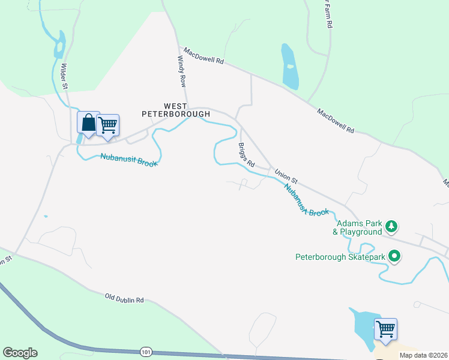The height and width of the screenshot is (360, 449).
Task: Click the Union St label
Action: click(286, 175)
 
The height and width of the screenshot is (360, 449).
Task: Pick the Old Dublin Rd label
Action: click(125, 298)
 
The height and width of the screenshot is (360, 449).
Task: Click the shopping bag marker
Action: click(88, 123)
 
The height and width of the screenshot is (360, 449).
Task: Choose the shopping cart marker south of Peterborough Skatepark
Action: click(385, 329)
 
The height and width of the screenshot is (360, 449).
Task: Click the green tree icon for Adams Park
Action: click(392, 226)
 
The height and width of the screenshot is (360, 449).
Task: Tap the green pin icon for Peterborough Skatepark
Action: click(394, 257)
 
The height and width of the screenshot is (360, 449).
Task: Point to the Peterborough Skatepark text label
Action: click(340, 257)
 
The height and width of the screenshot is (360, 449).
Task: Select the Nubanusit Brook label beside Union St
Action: click(306, 200)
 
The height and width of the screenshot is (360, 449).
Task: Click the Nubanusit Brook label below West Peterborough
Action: click(128, 160)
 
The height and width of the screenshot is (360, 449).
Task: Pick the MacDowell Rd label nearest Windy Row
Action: click(203, 57)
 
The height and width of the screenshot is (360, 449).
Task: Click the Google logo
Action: click(20, 353)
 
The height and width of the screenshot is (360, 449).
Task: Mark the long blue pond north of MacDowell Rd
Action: click(289, 67)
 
